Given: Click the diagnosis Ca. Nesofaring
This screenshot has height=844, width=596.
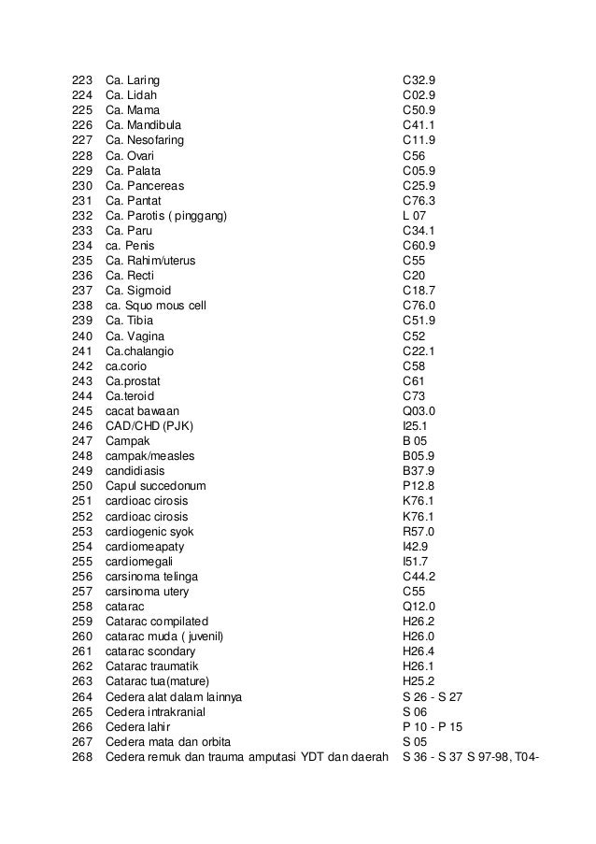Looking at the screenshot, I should [145, 140].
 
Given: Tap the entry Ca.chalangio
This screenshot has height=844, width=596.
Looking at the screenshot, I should [139, 350].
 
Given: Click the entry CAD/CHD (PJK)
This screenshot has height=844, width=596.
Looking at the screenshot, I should [144, 425].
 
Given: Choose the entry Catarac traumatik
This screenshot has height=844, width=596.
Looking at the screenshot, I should [149, 665].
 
